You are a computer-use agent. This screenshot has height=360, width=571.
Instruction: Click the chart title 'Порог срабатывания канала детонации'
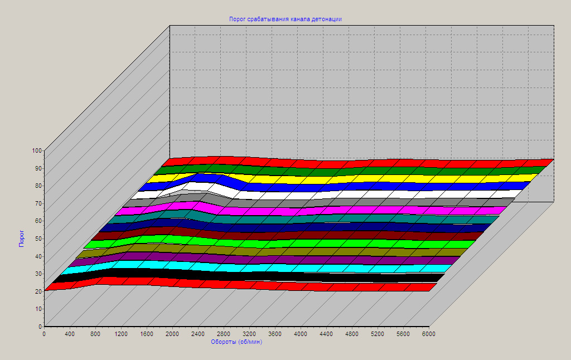coord(285,19)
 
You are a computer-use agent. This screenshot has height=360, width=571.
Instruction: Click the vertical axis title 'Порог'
coord(22,238)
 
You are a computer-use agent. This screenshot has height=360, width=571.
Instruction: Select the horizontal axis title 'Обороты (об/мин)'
coord(236,342)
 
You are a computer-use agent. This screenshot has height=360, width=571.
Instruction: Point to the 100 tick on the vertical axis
coord(37,150)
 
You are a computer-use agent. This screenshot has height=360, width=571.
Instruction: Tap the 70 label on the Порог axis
coord(38,203)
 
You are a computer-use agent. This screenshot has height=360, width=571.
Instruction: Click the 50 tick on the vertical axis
coord(38,239)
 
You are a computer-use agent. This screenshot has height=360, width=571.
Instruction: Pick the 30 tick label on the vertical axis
coord(38,274)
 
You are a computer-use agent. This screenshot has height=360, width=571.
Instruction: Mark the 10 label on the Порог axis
coord(38,309)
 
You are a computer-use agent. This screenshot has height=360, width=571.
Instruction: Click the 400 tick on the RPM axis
coord(70,334)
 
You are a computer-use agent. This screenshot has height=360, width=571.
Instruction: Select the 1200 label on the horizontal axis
coord(121,334)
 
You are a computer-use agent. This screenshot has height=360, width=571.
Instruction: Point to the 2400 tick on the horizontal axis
coord(198,334)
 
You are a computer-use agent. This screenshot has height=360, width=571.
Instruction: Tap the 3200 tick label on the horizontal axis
coord(249,334)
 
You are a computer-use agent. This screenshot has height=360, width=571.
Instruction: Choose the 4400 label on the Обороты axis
coord(326,334)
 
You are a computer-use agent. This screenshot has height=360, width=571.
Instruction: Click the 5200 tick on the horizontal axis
coord(378,334)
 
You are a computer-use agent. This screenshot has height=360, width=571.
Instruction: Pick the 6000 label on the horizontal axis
coord(429,334)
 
